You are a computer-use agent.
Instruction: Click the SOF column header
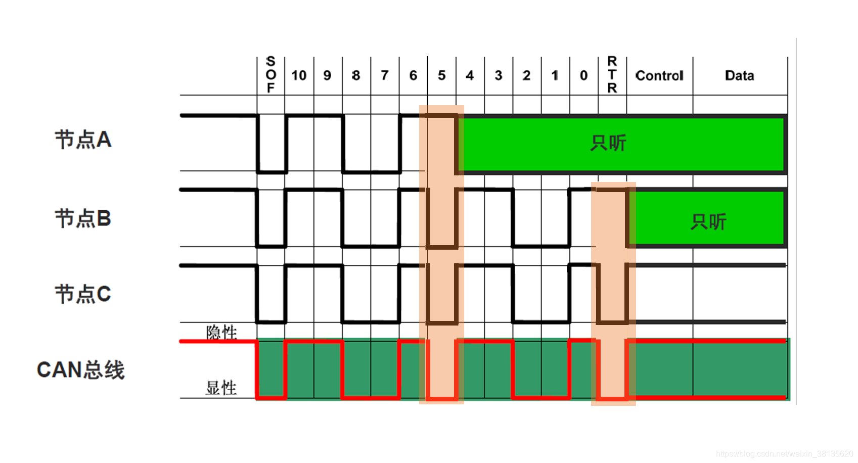270,75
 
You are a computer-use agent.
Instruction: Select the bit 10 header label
299,75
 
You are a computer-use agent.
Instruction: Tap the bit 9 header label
327,75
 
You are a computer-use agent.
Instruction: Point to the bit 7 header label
384,75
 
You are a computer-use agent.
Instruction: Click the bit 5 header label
441,75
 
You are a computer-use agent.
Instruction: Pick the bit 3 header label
498,75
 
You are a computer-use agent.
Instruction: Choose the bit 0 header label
583,75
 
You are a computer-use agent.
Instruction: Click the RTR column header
612,75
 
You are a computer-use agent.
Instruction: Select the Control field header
659,75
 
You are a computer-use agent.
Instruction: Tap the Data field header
739,75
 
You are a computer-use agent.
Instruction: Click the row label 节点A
83,140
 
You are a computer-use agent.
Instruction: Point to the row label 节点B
83,218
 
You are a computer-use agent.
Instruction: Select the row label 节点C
83,294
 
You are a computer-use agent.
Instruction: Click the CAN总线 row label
81,369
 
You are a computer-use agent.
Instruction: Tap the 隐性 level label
221,332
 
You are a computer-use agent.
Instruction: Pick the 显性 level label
221,388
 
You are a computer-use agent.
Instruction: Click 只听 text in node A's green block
608,143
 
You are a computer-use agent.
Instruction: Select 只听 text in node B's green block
708,221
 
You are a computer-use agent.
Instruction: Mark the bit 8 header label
356,75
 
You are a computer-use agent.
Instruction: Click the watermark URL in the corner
784,454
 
